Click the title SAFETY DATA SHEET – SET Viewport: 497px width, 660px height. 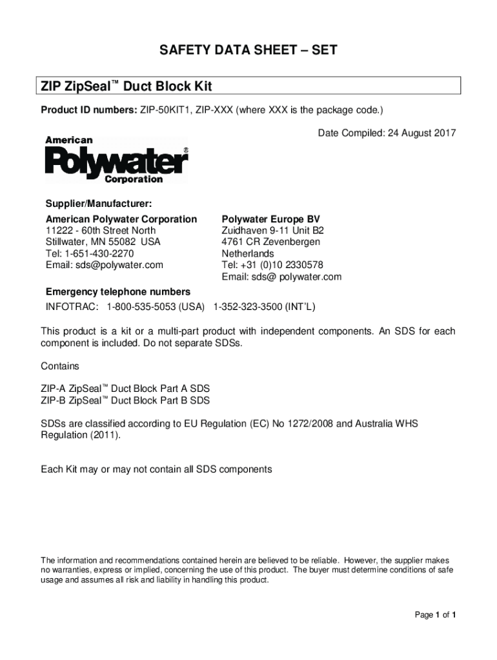pyautogui.click(x=249, y=50)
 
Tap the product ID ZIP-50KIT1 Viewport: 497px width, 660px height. pyautogui.click(x=164, y=110)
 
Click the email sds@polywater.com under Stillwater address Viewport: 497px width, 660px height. pyautogui.click(x=104, y=265)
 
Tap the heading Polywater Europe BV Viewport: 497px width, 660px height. pyautogui.click(x=270, y=219)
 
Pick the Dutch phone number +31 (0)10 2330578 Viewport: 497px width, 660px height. pyautogui.click(x=281, y=265)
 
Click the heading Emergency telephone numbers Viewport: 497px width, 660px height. pyautogui.click(x=117, y=292)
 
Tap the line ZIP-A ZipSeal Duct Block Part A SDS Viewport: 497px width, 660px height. pyautogui.click(x=125, y=389)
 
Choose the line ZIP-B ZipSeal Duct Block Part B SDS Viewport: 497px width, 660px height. pyautogui.click(x=125, y=401)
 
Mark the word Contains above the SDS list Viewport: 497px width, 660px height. pyautogui.click(x=60, y=366)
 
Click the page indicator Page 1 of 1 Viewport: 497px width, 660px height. pyautogui.click(x=435, y=615)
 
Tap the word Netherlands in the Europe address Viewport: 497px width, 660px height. pyautogui.click(x=248, y=253)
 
